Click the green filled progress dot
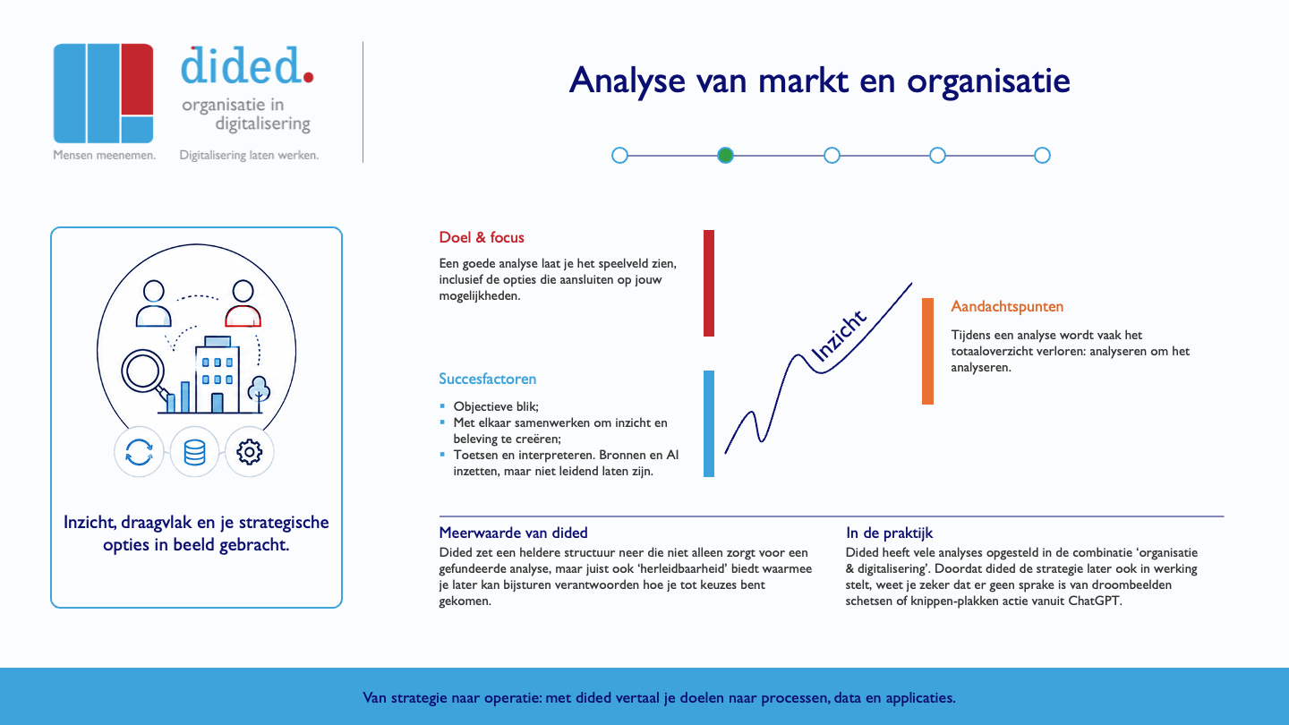coord(725,156)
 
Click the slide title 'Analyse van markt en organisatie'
coord(819,81)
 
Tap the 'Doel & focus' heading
coord(482,238)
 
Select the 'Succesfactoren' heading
coord(487,379)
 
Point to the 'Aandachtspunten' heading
coord(1007,307)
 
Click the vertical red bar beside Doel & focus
coord(709,283)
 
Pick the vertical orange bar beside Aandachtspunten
coord(927,351)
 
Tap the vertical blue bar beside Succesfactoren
coord(709,423)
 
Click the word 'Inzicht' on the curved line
coord(838,336)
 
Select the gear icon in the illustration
coord(249,452)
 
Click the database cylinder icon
coord(194,452)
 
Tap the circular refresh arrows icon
coord(139,452)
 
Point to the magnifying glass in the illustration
coord(144,375)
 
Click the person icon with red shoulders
coord(243,303)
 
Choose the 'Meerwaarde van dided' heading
coord(513,533)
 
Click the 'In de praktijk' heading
coord(889,533)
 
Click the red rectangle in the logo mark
coord(138,80)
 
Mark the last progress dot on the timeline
coord(1042,156)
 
